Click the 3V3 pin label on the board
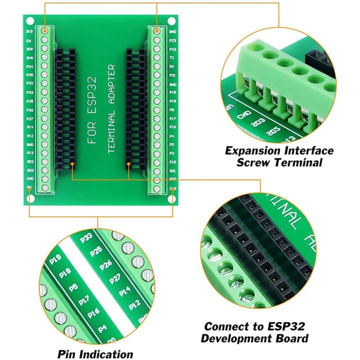point(29,31)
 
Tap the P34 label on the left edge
point(29,66)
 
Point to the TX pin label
point(172,57)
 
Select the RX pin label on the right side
point(172,66)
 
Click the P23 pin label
point(172,40)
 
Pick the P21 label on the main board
point(172,75)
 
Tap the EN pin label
point(29,40)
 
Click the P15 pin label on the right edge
point(172,162)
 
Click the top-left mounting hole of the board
point(29,21)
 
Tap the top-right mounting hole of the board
point(171,21)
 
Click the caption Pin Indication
point(95,354)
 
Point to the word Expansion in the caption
point(254,150)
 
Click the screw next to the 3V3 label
point(45,31)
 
